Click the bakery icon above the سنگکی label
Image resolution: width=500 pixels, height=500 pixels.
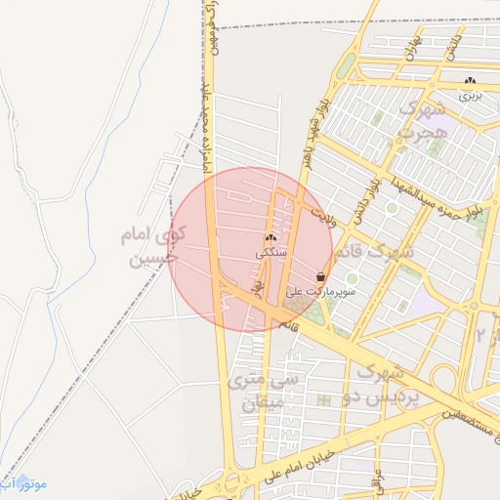coord(271,237)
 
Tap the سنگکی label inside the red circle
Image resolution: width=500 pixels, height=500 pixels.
coord(271,252)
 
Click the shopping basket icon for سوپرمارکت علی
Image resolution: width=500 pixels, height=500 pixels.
coord(320,277)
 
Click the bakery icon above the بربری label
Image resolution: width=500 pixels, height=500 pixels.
coord(471,81)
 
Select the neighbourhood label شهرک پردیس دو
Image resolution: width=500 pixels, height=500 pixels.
coord(387,384)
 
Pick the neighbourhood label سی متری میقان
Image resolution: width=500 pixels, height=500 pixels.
coord(255,391)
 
